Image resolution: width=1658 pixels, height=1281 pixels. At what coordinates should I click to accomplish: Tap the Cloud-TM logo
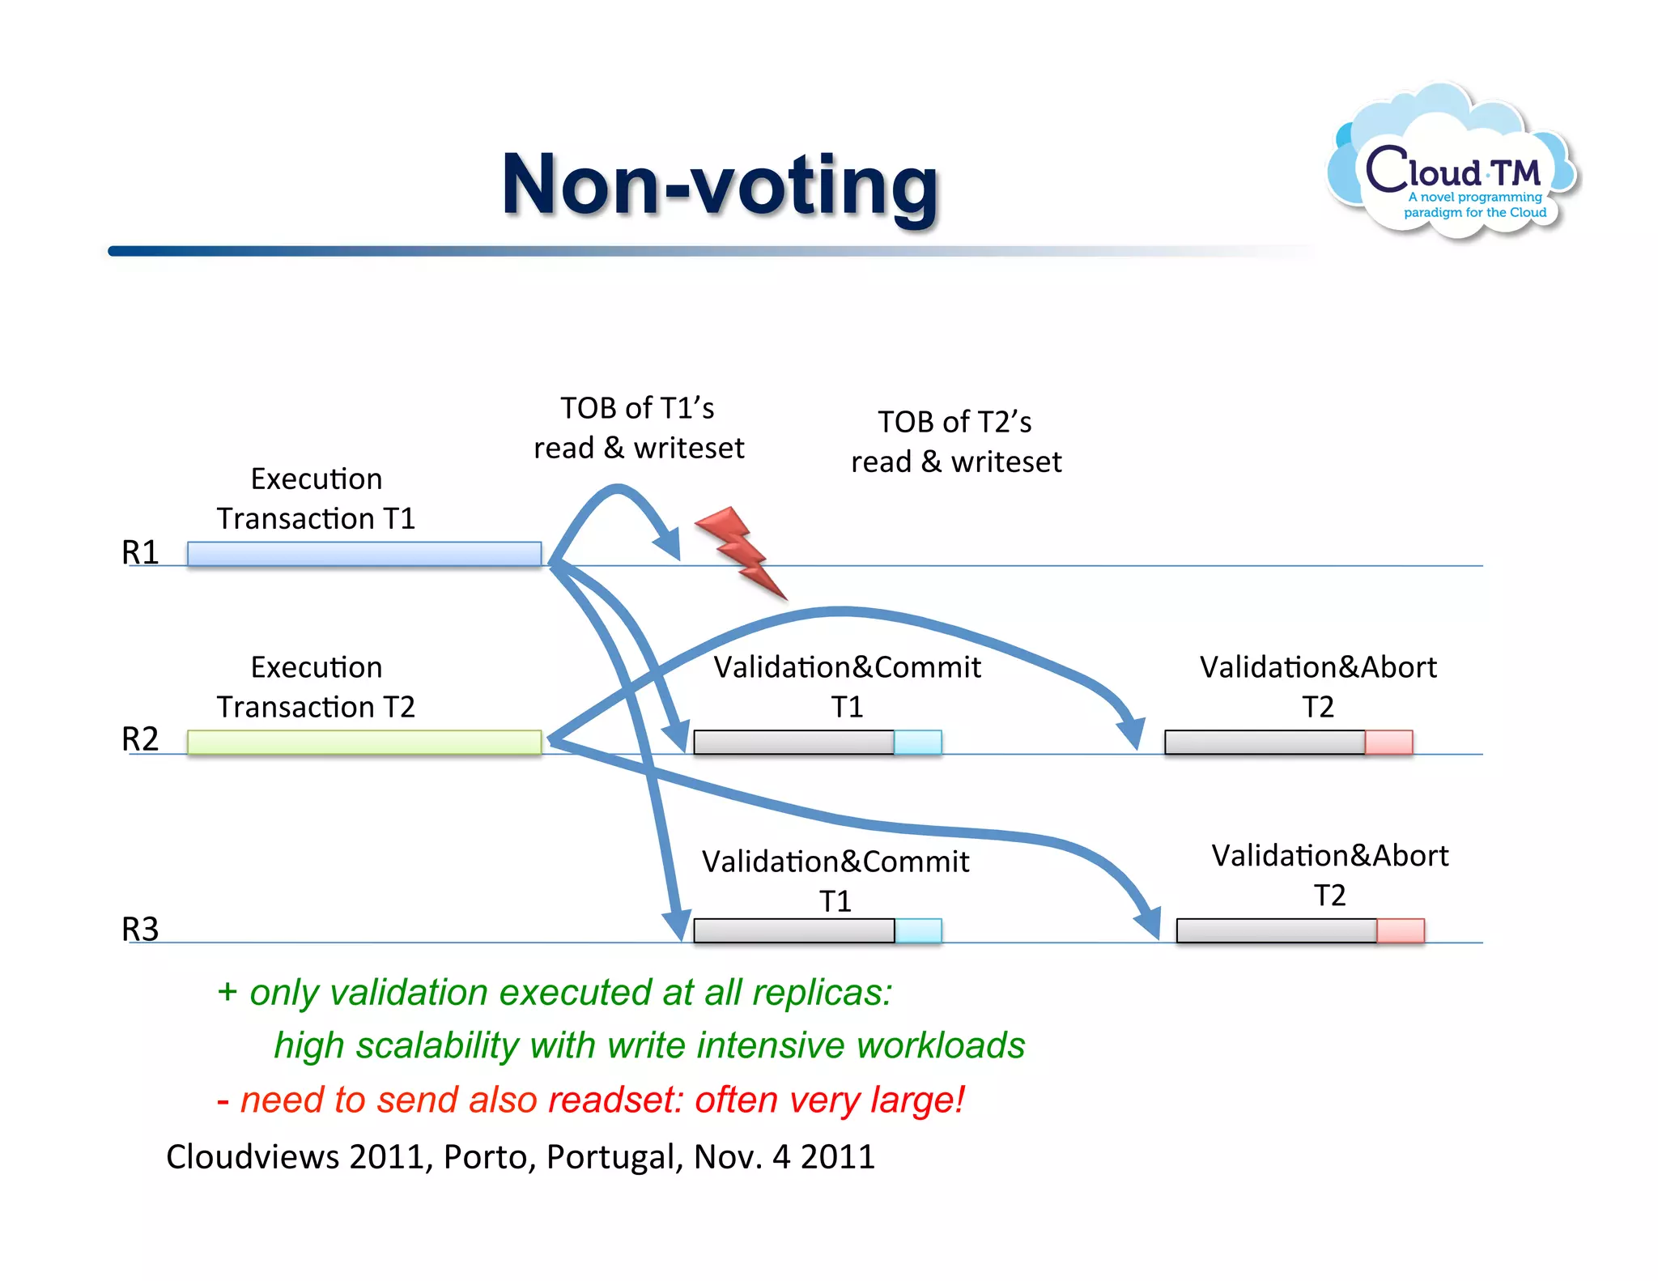[1454, 166]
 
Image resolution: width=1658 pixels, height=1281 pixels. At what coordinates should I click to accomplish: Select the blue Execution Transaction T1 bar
[364, 554]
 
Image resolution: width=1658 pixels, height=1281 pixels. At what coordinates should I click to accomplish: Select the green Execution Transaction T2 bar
[364, 742]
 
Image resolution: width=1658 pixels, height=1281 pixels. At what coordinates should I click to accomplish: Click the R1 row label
[140, 552]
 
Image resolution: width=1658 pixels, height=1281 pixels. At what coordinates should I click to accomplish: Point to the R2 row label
[140, 739]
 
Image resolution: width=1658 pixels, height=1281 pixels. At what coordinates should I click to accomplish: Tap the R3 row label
[140, 929]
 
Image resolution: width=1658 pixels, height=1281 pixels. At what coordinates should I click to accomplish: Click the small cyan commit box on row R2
[918, 743]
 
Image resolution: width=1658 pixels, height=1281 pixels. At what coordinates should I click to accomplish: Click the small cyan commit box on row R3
[918, 931]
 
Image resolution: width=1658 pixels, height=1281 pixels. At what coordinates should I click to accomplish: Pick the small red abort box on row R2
[1389, 743]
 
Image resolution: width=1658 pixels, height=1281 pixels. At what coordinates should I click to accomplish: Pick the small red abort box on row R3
[1401, 931]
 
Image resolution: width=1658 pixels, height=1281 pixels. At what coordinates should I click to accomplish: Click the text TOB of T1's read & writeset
[638, 428]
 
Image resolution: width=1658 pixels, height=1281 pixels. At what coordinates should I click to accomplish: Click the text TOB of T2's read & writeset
[955, 441]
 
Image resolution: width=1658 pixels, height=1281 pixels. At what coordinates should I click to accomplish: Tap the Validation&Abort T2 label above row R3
[1329, 875]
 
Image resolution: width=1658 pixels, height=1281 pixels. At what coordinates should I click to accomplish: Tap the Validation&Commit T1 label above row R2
[847, 686]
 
